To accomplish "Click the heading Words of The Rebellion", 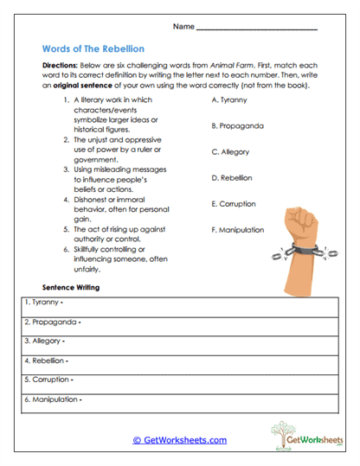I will tap(93, 49).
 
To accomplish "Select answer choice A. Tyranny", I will tap(229, 100).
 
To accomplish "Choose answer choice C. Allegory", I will tap(230, 152).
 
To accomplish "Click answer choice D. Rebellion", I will tap(232, 178).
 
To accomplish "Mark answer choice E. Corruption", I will tap(234, 205).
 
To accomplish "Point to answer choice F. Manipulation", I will tap(238, 231).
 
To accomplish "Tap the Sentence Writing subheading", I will tap(71, 286).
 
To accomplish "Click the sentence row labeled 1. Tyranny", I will tap(180, 303).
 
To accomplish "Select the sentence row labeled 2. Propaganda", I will tap(180, 322).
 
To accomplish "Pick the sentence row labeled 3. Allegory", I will tap(180, 342).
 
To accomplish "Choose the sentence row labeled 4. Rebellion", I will tap(180, 361).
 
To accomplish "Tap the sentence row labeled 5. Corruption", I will tap(180, 380).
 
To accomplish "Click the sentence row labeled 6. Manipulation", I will tap(180, 399).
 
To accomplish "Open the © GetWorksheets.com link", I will tap(180, 440).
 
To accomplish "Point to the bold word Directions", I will tap(60, 66).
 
